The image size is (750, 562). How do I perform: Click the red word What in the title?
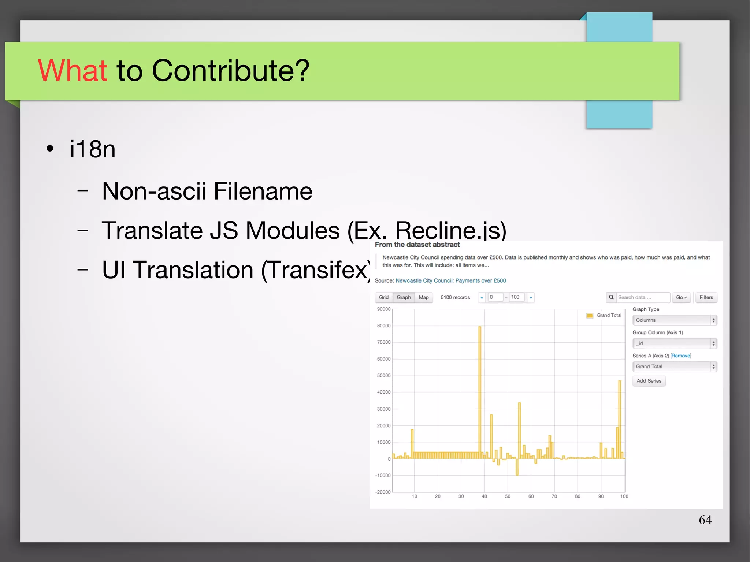(x=73, y=70)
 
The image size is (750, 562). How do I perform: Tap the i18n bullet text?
(x=93, y=149)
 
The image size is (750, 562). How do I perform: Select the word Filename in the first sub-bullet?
(x=263, y=191)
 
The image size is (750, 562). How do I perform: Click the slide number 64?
(x=705, y=520)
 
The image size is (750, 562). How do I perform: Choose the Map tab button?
(x=424, y=297)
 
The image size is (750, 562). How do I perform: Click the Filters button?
(x=706, y=297)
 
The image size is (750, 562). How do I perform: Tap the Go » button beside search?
(x=681, y=297)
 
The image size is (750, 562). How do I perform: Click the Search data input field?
(x=643, y=297)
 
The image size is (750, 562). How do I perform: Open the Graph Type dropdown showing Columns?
(x=674, y=320)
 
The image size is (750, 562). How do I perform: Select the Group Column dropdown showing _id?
(x=674, y=343)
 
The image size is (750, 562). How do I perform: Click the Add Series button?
(x=649, y=381)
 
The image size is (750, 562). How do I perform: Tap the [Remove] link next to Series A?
(x=681, y=356)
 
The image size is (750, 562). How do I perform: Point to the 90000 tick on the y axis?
(x=384, y=309)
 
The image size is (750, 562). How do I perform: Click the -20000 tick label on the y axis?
(x=383, y=492)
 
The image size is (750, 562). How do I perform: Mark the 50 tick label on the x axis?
(x=508, y=496)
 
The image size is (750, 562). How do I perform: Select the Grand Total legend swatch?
(x=590, y=315)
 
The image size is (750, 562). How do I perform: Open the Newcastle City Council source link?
(x=450, y=280)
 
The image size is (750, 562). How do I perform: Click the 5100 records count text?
(x=455, y=297)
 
